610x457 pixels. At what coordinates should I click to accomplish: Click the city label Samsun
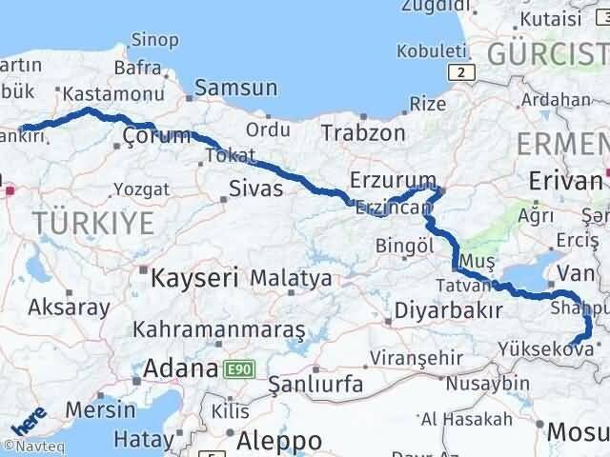236,89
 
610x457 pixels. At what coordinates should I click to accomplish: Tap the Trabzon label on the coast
363,132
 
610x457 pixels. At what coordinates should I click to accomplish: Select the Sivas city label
256,189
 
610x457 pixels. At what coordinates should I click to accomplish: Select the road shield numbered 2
461,72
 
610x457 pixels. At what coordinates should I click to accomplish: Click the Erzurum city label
393,180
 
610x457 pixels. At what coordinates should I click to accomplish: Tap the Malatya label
291,279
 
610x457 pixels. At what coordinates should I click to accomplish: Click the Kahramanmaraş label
219,329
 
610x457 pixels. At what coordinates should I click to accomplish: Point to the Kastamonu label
99,94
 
